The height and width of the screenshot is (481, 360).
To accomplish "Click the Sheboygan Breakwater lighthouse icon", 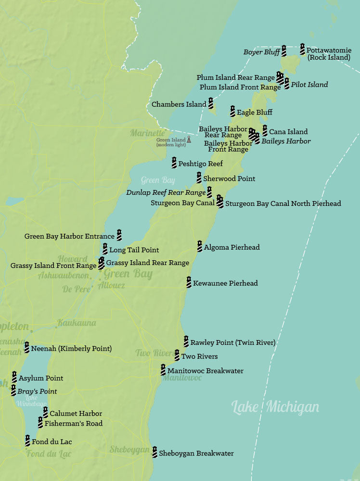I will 154,452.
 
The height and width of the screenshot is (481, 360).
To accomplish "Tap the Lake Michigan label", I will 275,407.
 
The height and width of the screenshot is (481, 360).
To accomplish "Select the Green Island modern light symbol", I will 189,139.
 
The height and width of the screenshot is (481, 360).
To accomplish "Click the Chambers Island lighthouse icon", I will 210,103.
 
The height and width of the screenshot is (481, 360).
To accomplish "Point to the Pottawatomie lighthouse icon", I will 302,49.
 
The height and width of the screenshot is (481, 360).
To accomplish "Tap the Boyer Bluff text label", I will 261,52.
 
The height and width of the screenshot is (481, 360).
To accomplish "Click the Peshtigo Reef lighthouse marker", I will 174,163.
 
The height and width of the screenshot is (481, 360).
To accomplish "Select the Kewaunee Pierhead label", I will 225,283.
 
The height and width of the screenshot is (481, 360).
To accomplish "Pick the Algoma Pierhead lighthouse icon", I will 199,246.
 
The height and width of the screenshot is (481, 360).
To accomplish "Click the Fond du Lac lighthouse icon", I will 27,440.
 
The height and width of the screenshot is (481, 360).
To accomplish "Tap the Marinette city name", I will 147,133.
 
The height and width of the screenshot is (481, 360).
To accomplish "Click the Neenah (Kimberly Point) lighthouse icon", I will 26,347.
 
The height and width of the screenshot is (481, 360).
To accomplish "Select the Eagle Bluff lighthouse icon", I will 232,111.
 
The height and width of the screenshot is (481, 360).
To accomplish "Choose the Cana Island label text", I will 288,132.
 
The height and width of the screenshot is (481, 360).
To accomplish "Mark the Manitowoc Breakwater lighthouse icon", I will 163,370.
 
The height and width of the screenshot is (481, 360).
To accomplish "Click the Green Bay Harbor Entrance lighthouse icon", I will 119,235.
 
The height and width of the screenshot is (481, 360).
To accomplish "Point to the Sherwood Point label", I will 229,178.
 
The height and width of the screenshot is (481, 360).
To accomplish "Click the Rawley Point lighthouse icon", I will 186,342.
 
